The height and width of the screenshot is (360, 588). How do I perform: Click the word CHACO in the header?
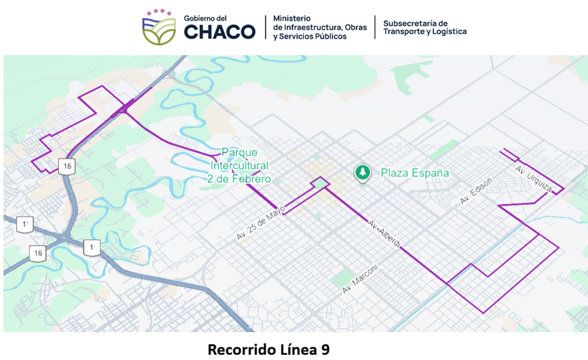pos(220,31)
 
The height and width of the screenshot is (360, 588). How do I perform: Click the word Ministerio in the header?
pos(292,19)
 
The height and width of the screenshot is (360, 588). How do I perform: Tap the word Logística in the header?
pos(449,31)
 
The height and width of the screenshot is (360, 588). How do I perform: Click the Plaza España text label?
pos(414,172)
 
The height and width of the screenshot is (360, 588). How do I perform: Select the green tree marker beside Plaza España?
pos(363,172)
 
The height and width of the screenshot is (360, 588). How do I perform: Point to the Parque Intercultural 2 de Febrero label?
pos(239,165)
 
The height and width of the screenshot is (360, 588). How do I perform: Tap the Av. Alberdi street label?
pos(384,234)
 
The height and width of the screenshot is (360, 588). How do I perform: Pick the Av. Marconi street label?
pos(360,279)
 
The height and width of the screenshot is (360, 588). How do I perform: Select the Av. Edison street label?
pos(476,191)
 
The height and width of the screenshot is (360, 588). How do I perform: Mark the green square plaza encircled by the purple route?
pos(319,185)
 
